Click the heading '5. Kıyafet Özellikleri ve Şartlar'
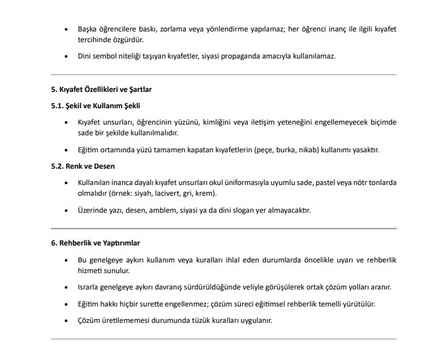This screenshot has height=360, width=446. point(101,90)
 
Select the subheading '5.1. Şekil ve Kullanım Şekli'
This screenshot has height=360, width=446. point(96,105)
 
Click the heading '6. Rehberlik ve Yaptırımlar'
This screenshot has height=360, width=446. point(95,243)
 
